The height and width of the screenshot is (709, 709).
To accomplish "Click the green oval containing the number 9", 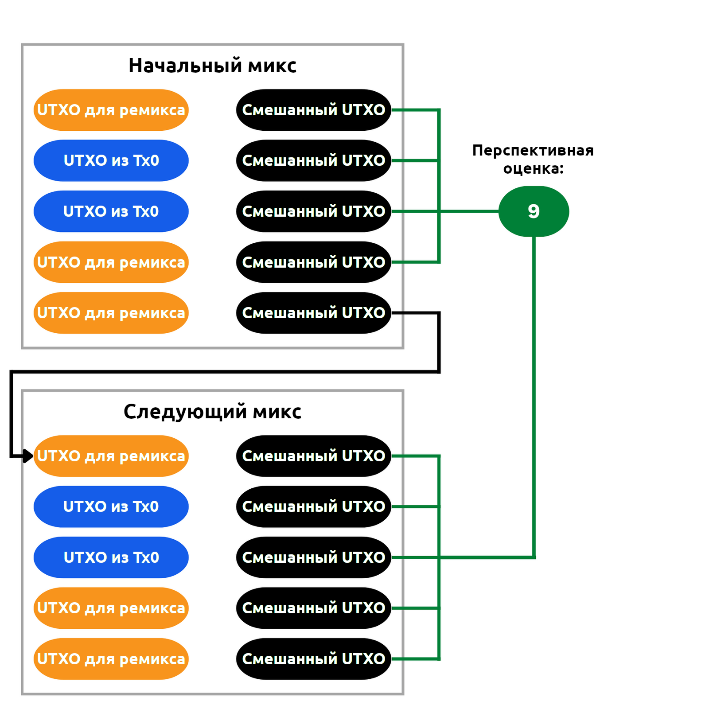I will click(534, 211).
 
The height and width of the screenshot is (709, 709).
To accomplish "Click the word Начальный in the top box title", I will click(186, 66).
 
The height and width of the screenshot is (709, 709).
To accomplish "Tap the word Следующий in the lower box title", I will click(185, 412).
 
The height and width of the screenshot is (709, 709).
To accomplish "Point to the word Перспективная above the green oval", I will click(533, 151).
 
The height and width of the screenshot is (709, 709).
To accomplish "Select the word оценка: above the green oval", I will click(533, 169).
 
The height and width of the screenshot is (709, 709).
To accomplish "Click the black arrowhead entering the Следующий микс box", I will click(28, 456).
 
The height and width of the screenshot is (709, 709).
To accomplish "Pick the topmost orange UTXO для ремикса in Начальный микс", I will click(111, 110).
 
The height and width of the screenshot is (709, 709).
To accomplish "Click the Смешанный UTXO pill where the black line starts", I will click(314, 313).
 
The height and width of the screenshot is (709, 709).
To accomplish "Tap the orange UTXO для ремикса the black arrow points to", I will click(111, 456).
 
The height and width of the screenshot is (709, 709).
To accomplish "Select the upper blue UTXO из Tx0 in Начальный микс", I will click(111, 160).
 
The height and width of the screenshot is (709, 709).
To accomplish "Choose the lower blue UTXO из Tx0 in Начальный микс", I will click(111, 211).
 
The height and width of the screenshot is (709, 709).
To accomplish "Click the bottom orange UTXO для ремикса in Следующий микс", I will click(111, 659).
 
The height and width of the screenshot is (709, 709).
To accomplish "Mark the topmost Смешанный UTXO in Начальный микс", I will click(314, 110).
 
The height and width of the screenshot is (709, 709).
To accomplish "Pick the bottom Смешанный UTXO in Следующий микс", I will click(314, 659).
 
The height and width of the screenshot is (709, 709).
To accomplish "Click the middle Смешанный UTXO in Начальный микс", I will click(314, 211).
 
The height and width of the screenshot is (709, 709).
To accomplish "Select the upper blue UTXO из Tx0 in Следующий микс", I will click(111, 506).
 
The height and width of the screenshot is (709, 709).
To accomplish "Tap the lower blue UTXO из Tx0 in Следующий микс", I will click(111, 557).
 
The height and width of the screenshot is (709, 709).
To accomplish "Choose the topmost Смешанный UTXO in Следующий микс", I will click(314, 456).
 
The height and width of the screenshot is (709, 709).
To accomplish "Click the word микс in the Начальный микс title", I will click(272, 66).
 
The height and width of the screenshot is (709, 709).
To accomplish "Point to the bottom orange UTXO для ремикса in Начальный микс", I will click(111, 313).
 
